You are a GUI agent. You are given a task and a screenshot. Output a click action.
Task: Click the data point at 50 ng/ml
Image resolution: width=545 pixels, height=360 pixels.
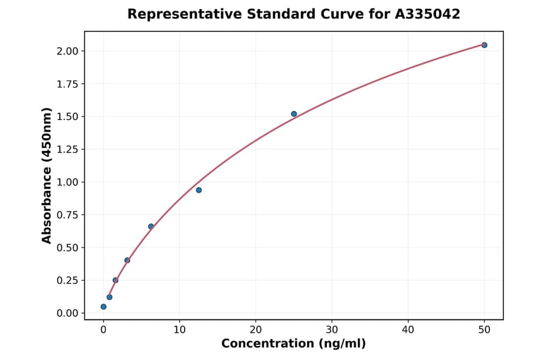[x=484, y=45]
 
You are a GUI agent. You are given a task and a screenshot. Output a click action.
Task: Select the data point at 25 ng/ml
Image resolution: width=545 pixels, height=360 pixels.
[x=294, y=114]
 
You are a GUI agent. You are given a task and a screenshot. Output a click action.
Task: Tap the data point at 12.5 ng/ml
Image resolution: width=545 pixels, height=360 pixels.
[x=199, y=190]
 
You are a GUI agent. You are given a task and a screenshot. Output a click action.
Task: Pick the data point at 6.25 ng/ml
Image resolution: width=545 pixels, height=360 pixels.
[x=151, y=227]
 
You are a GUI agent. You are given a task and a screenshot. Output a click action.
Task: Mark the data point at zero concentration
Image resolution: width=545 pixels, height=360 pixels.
[x=104, y=307]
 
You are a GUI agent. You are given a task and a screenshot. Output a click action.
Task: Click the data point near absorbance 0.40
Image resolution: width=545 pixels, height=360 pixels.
[x=127, y=261]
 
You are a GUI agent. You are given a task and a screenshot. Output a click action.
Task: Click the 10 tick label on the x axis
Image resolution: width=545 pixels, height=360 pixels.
[x=179, y=330]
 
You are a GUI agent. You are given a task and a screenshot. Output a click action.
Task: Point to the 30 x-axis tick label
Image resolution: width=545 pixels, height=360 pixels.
[x=332, y=330]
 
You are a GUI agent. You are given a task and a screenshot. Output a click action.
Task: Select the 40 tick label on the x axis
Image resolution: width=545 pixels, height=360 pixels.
[x=408, y=330]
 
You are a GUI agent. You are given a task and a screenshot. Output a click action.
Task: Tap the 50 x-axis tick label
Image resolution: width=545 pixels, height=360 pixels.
[x=484, y=330]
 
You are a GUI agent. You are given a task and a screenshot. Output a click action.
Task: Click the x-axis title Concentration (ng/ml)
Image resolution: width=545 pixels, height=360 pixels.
[x=294, y=344]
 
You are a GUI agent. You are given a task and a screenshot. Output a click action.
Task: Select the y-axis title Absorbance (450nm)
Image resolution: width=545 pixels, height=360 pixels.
[x=47, y=176]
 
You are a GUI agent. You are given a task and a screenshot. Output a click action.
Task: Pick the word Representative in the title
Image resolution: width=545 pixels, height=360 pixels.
[x=174, y=14]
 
